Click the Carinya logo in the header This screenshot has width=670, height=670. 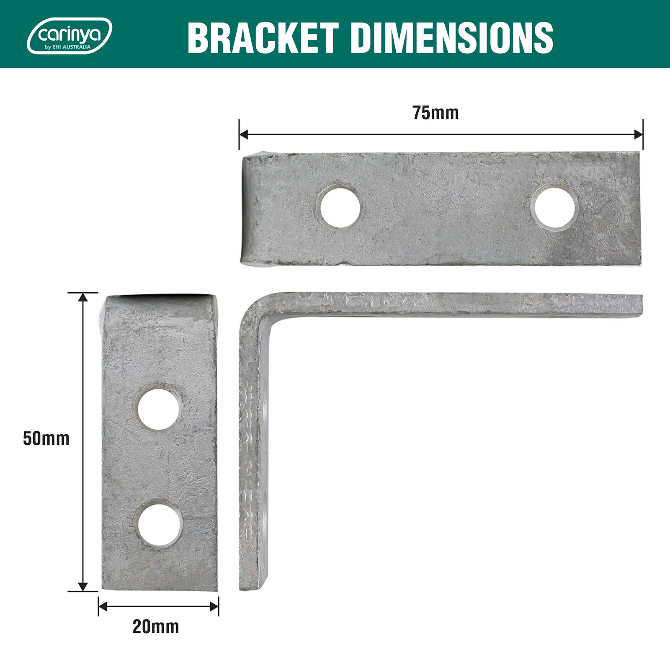pyautogui.click(x=69, y=36)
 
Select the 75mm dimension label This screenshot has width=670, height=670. pyautogui.click(x=435, y=113)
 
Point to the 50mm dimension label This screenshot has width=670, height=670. pyautogui.click(x=46, y=439)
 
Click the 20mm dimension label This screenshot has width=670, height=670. pyautogui.click(x=156, y=627)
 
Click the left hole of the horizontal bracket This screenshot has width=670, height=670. pyautogui.click(x=340, y=206)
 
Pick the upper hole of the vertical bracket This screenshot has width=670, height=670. pyautogui.click(x=159, y=408)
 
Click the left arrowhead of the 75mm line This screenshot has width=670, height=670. pyautogui.click(x=243, y=134)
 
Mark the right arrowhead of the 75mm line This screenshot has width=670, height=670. pyautogui.click(x=639, y=134)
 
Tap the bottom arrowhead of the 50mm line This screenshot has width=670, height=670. pyautogui.click(x=83, y=587)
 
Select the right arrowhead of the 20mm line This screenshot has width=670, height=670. pyautogui.click(x=214, y=606)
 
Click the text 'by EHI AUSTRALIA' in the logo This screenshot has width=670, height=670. pyautogui.click(x=67, y=47)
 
